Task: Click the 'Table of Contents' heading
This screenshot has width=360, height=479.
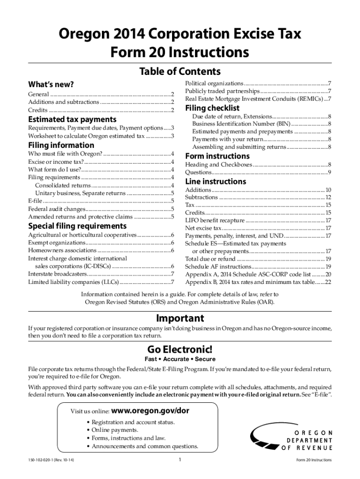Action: point(180,72)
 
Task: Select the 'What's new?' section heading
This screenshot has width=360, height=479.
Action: point(51,84)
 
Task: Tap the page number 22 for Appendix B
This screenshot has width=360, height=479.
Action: point(328,282)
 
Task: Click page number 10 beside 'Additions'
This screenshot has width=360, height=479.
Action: point(328,190)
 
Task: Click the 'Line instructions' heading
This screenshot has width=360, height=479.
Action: point(216,181)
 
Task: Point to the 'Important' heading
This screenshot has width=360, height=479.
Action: point(180,318)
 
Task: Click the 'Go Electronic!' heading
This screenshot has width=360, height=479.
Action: point(180,350)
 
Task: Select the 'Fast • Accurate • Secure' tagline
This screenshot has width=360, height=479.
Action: point(180,359)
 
